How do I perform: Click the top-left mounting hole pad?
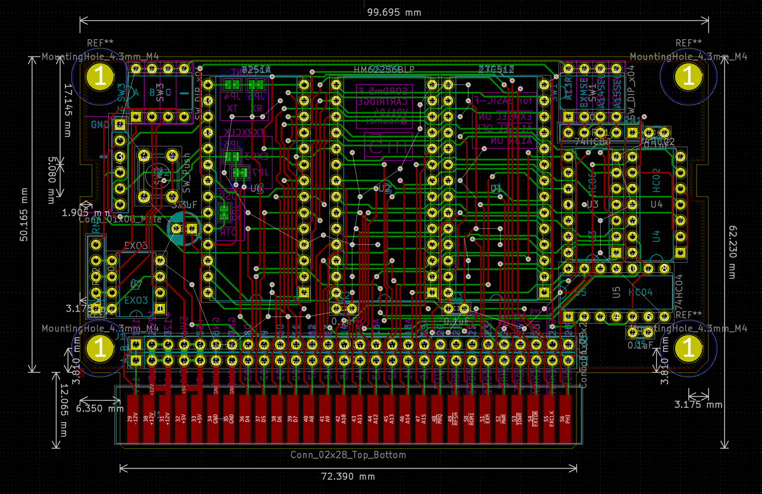(100, 77)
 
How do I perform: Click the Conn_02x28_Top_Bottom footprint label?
(348, 455)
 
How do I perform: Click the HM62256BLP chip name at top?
(384, 70)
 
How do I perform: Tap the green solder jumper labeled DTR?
(224, 213)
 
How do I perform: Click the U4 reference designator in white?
(656, 204)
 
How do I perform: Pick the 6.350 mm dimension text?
(99, 408)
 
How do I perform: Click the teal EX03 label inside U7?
(136, 300)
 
